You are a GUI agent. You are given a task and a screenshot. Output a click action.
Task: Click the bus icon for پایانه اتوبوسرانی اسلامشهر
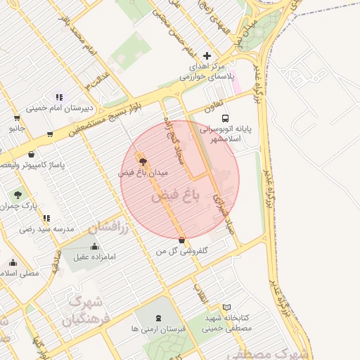tap(225, 119)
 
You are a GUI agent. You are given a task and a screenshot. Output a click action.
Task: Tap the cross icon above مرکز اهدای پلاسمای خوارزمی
tap(207, 56)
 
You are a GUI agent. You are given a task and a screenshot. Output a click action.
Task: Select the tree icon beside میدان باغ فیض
tap(144, 162)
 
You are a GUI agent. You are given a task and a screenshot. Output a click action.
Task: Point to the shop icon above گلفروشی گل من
tap(182, 240)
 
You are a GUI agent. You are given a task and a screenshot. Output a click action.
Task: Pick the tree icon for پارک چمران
tap(18, 195)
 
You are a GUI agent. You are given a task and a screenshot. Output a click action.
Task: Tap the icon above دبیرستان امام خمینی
tap(60, 97)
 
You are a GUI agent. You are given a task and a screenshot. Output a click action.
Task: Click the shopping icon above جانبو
tap(17, 117)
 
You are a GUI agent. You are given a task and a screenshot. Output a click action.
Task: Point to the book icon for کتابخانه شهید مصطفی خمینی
tap(226, 307)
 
